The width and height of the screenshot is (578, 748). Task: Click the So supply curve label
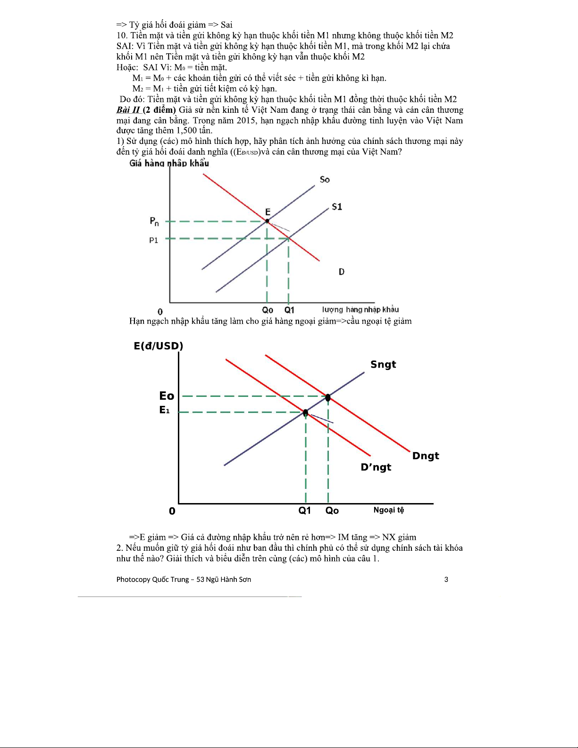pos(325,179)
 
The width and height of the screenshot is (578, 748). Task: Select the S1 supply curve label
pos(337,207)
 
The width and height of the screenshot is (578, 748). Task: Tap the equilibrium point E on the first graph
pos(267,220)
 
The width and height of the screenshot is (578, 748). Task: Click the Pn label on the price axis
pos(154,221)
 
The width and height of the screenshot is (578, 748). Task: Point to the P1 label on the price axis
pos(154,240)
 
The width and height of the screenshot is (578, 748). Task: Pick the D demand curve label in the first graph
pos(342,272)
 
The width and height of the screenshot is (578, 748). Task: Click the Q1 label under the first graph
pos(289,310)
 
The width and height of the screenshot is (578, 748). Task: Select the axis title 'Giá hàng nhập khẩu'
pos(169,163)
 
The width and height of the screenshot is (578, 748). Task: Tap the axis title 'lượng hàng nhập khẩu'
pos(360,310)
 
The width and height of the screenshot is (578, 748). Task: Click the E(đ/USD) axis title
pos(159,346)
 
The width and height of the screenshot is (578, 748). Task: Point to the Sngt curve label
pos(383,364)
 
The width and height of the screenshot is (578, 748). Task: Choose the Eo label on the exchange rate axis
pos(167,396)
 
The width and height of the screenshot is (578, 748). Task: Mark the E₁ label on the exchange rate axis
pos(164,410)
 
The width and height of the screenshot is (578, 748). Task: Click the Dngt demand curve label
pos(426,456)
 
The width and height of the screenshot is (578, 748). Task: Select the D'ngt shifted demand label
pos(376,467)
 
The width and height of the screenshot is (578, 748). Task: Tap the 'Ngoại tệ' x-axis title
pos(389,510)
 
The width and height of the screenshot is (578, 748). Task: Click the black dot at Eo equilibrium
pos(328,398)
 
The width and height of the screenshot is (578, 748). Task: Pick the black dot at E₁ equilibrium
pos(305,413)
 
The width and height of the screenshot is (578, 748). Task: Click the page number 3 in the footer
pos(446,580)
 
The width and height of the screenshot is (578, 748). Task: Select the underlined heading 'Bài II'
pos(128,110)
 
